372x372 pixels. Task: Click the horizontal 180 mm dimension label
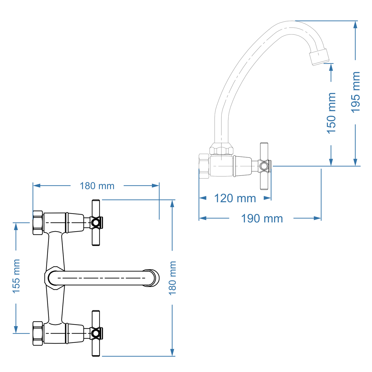click(97, 186)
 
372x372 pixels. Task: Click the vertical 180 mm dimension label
click(172, 278)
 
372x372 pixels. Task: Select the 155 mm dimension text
click(16, 276)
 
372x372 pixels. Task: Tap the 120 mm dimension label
click(235, 198)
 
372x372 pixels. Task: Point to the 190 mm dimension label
click(262, 219)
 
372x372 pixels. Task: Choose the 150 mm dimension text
click(331, 113)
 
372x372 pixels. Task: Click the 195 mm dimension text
click(356, 92)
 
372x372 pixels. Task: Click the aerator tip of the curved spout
click(319, 57)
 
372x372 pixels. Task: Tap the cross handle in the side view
click(264, 166)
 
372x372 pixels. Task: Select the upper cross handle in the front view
click(96, 223)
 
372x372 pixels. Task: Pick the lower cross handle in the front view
click(96, 333)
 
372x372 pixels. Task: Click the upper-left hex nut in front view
click(38, 223)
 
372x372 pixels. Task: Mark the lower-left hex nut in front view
click(38, 333)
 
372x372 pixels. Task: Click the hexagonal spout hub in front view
click(54, 278)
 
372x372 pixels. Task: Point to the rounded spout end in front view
click(152, 278)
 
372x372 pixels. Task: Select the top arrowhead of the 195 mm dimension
click(355, 25)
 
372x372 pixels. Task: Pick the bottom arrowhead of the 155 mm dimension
click(16, 330)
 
